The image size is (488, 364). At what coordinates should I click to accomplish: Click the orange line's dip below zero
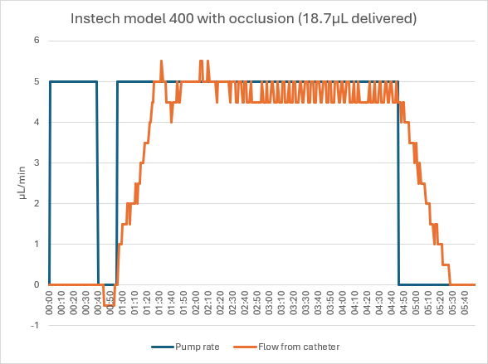109,305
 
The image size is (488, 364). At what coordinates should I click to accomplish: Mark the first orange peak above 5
161,61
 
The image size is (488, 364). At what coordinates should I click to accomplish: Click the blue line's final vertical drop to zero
398,182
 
